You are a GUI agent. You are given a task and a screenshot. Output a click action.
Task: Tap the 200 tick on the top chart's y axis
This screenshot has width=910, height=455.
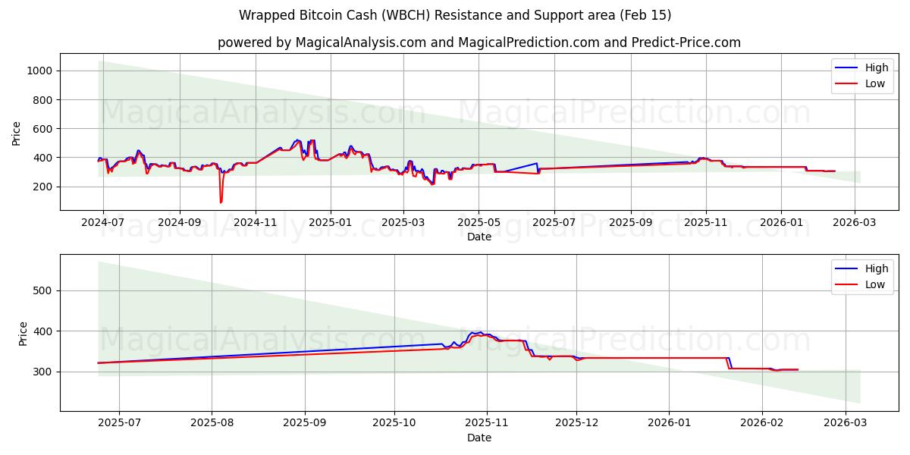pos(42,187)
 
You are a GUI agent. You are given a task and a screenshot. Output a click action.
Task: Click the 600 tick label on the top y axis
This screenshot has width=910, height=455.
pos(42,129)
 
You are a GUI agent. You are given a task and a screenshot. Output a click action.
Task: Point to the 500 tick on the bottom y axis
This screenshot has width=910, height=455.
pos(42,290)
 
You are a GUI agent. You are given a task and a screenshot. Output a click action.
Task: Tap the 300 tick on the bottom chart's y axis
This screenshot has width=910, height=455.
pos(42,372)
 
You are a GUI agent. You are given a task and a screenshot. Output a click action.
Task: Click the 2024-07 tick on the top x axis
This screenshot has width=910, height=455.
pos(103,222)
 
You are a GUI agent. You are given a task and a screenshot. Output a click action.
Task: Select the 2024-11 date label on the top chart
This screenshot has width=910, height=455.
pos(255,222)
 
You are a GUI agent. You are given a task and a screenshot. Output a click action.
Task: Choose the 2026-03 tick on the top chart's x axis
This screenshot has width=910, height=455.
pos(855,222)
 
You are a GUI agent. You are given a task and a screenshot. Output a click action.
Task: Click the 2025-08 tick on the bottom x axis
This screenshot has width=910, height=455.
pos(212,422)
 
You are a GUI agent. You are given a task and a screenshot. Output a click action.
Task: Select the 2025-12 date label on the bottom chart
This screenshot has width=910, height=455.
pos(576,422)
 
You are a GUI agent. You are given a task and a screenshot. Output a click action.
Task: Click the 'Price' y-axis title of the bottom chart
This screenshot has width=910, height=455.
pos(24,334)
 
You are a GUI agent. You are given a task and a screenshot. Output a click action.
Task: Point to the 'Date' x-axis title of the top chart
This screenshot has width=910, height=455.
pos(479,237)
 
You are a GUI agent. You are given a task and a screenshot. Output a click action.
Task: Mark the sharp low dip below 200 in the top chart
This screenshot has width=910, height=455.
pos(221,202)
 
